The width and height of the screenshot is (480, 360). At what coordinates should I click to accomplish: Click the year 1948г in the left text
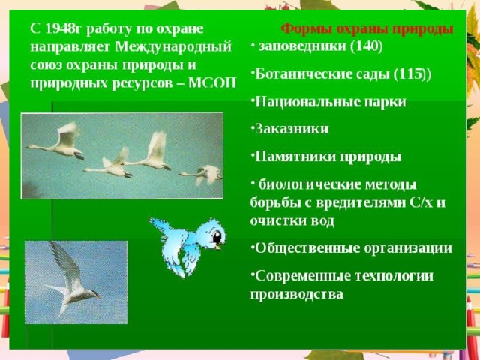[64, 29]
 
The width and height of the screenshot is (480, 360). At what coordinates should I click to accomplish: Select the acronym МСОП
[212, 82]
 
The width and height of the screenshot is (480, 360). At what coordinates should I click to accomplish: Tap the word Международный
[173, 46]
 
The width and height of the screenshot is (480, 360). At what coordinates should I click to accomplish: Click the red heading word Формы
[307, 30]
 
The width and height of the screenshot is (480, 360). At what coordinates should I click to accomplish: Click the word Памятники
[295, 157]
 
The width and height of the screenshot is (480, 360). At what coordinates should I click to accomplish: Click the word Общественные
[307, 248]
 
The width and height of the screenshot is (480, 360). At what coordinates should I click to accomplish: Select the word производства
[297, 294]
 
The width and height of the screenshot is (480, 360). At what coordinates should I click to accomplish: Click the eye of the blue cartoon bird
[217, 236]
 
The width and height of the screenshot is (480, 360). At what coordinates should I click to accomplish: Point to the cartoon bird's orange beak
[218, 246]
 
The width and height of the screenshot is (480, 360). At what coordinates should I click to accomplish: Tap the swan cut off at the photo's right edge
[202, 175]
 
